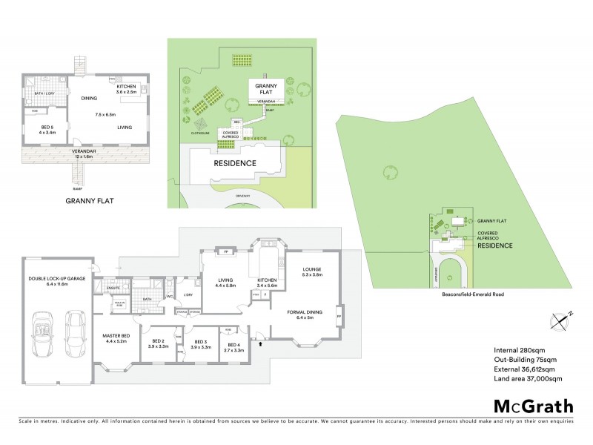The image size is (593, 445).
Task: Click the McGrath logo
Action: tap(533, 406)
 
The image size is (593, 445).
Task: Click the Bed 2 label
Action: tap(157, 343)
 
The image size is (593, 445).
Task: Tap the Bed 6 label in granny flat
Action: tap(47, 128)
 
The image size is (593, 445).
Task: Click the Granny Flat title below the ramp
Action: tap(87, 200)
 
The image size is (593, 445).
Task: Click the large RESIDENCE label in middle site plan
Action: tap(235, 162)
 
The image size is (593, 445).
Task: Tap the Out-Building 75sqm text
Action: tap(527, 360)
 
